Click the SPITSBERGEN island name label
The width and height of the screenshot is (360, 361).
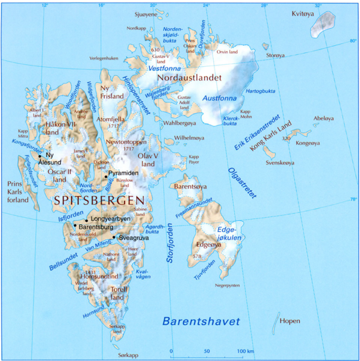(100, 200)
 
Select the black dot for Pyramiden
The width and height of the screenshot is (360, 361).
(106, 175)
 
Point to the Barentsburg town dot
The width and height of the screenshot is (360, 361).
(75, 226)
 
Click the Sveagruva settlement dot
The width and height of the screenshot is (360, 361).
(114, 237)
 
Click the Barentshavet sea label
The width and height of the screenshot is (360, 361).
(201, 321)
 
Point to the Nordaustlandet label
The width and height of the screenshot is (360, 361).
(189, 78)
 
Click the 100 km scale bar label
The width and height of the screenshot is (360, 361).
(245, 350)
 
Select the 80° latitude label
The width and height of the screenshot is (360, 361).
(353, 41)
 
